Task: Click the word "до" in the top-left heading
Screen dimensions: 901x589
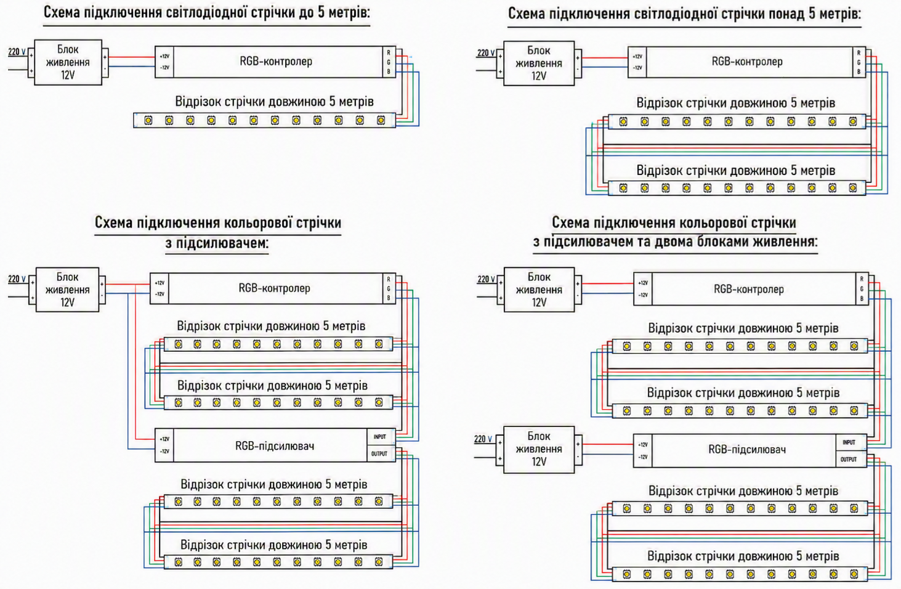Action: pos(307,13)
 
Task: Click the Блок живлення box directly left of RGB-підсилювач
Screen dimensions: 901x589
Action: pos(539,449)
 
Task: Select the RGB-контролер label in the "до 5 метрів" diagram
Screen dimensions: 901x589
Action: pos(276,62)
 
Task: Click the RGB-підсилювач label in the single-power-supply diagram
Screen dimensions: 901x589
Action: pos(275,446)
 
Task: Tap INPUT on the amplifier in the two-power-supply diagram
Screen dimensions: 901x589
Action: pos(849,442)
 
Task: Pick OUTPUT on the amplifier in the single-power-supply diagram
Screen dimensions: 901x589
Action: pos(379,454)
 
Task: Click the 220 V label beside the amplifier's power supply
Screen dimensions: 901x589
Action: pos(483,439)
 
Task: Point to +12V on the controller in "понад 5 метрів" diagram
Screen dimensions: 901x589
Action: pos(637,57)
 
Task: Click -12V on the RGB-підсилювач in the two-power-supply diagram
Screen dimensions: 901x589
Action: pos(643,457)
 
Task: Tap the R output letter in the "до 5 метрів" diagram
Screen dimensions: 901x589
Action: pos(389,53)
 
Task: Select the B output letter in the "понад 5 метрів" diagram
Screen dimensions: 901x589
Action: pos(859,71)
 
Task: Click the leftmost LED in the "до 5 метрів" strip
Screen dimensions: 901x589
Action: pos(148,120)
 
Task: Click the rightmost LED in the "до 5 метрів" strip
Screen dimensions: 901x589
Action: pos(381,120)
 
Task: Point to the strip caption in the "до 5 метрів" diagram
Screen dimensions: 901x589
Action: pos(274,102)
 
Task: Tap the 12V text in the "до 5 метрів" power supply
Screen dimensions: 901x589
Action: pos(68,75)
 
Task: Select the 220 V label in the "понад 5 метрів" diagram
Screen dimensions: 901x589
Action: pos(487,53)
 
